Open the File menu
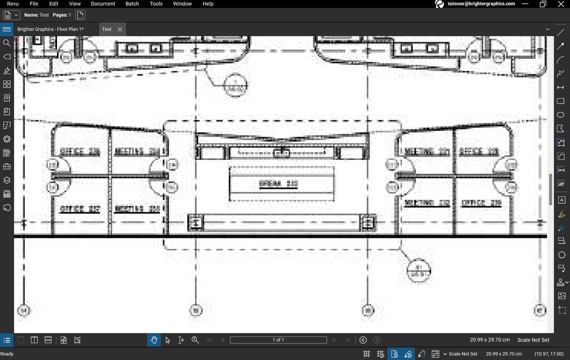tap(34, 4)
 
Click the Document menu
tap(103, 4)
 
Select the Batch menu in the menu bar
tap(132, 4)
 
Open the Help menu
tap(208, 4)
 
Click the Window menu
tap(183, 4)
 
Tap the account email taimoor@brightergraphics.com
tap(481, 4)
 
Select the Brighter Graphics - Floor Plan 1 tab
tap(51, 29)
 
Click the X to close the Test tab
tap(120, 29)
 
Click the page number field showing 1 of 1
tap(278, 340)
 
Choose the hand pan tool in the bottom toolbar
tap(154, 340)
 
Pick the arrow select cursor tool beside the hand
tap(168, 340)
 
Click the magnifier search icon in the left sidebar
tap(7, 43)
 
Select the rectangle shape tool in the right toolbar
tap(560, 101)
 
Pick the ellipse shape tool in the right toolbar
tap(560, 115)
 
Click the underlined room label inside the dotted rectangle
tap(279, 184)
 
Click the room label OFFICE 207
tap(80, 209)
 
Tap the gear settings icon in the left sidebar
tap(7, 139)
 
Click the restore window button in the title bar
tap(543, 4)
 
